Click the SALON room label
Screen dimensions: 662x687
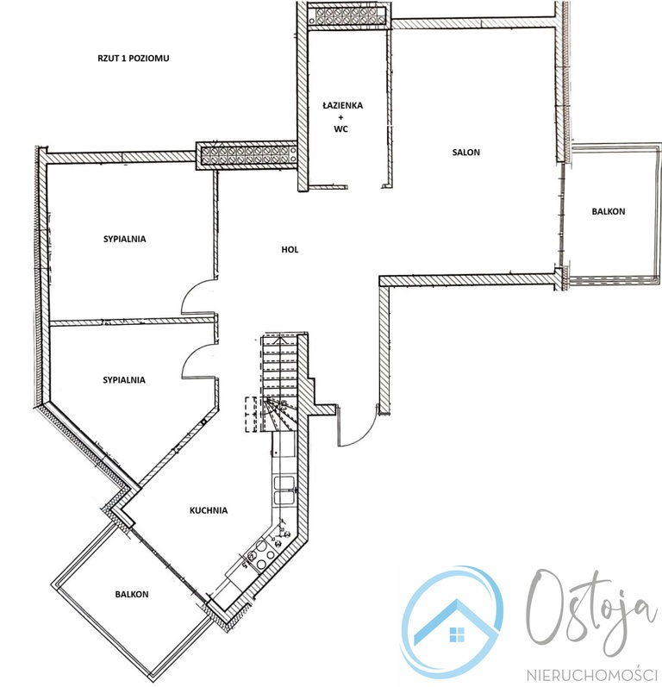(465, 153)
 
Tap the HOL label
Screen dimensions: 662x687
(290, 250)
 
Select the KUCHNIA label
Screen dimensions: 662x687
(209, 510)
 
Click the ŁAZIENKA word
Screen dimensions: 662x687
(342, 105)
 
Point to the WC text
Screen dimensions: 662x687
(340, 129)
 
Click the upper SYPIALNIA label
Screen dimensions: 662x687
(124, 240)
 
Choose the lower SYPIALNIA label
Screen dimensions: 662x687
(124, 380)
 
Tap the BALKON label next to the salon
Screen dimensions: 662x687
(608, 212)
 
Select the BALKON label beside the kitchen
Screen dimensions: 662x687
(132, 595)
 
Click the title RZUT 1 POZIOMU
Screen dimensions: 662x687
(134, 59)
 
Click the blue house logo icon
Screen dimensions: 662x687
(453, 622)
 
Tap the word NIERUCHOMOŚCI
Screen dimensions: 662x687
(594, 675)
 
